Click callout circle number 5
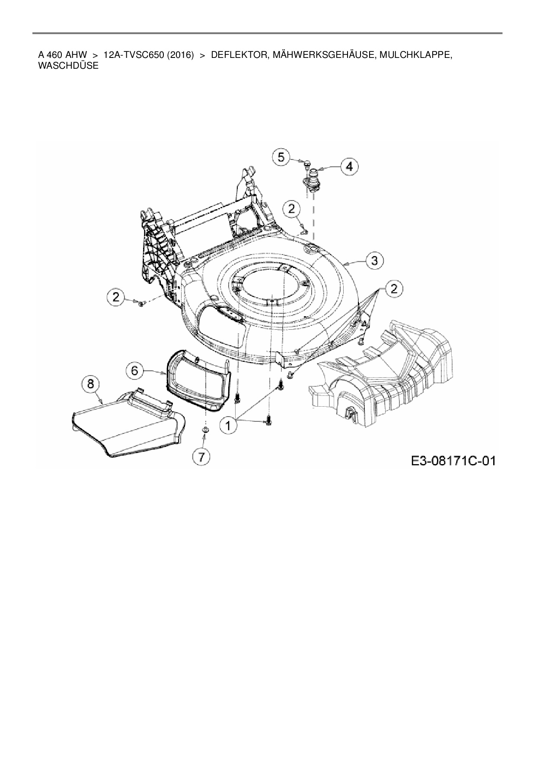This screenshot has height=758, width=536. (281, 156)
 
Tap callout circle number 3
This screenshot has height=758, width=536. (374, 260)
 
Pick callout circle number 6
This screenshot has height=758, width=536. (134, 370)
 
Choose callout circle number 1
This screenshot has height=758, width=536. (228, 425)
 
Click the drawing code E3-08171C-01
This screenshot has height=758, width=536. (453, 461)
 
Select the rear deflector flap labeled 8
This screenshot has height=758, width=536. (125, 426)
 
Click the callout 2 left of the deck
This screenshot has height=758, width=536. (116, 297)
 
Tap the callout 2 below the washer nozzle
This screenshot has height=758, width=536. (292, 209)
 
